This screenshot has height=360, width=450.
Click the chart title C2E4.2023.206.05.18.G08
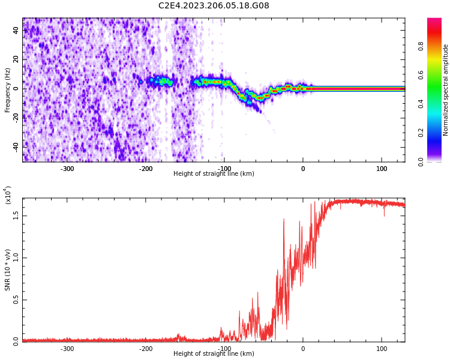click(214, 6)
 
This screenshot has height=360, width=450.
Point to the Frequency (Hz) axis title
click(8, 90)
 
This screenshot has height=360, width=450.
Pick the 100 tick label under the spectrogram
click(382, 169)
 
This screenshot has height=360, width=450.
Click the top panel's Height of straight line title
click(214, 174)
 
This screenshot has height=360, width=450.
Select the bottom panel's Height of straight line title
click(214, 354)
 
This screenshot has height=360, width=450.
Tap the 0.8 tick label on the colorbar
click(421, 46)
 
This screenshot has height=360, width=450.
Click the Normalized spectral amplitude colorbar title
click(446, 90)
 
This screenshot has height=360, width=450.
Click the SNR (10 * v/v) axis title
click(8, 270)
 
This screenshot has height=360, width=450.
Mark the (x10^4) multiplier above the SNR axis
click(8, 196)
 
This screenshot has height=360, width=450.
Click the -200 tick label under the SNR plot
click(145, 349)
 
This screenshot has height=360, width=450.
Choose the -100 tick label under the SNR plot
click(224, 349)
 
